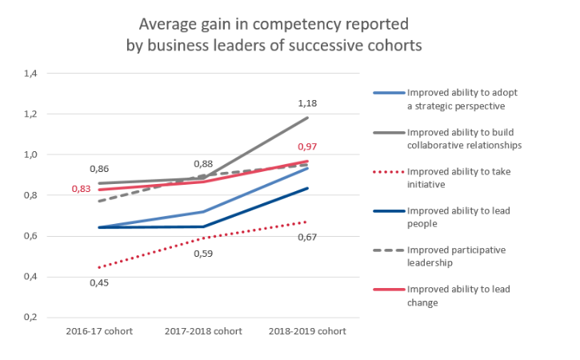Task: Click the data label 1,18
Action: (x=308, y=103)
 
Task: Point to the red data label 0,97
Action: (x=308, y=147)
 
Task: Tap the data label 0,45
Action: (x=98, y=282)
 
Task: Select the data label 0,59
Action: (x=203, y=254)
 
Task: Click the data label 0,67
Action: (x=308, y=237)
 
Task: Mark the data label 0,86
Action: (x=98, y=169)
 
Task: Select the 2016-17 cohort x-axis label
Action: (x=98, y=330)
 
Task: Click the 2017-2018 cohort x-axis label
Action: (x=203, y=330)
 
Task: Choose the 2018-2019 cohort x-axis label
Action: (x=308, y=330)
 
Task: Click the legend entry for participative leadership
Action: (x=457, y=256)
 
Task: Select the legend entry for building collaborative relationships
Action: (x=464, y=138)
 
